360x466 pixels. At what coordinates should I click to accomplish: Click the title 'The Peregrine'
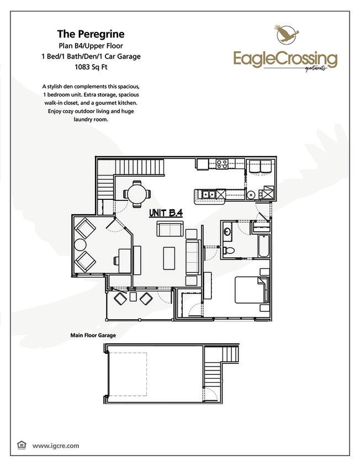[91, 34]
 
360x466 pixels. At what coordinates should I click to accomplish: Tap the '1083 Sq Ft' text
[91, 68]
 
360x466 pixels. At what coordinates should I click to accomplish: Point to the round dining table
[136, 194]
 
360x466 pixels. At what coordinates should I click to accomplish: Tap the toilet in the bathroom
[231, 251]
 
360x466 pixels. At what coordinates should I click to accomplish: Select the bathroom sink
[228, 231]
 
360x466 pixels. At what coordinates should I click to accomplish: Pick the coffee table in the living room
[170, 258]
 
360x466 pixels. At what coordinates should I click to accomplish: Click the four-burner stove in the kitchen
[223, 163]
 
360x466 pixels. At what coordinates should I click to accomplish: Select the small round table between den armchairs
[81, 245]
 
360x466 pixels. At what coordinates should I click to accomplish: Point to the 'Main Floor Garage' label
[93, 335]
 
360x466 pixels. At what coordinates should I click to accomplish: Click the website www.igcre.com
[56, 445]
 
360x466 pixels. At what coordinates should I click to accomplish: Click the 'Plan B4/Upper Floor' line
[91, 46]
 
